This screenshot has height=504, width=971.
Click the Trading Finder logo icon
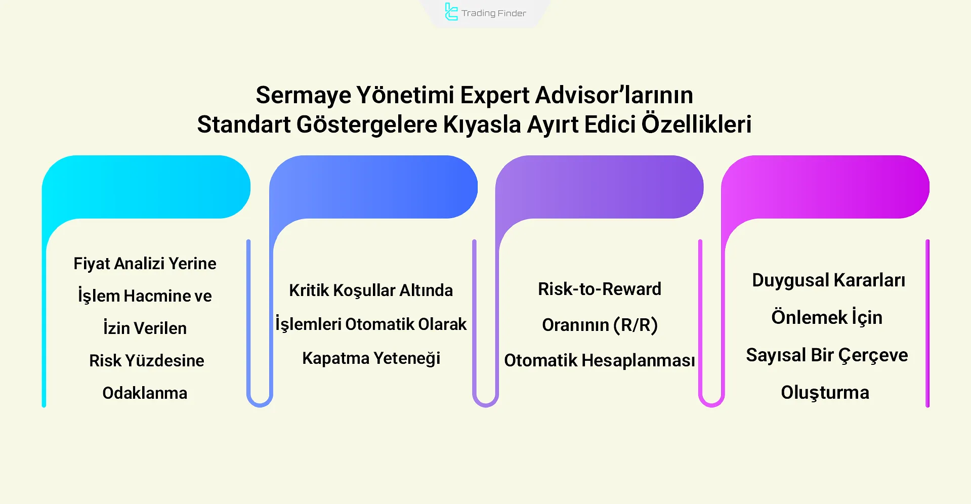pyautogui.click(x=450, y=12)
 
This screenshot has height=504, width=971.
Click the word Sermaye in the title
pyautogui.click(x=303, y=95)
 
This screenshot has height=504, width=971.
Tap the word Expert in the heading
pyautogui.click(x=494, y=95)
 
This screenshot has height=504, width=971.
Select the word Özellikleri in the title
pyautogui.click(x=696, y=124)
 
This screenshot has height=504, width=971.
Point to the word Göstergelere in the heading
pyautogui.click(x=366, y=124)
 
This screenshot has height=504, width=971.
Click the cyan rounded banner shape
pyautogui.click(x=147, y=187)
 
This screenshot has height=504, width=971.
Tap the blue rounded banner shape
pyautogui.click(x=374, y=187)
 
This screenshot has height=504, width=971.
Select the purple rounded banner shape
pyautogui.click(x=600, y=187)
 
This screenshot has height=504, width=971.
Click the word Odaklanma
pyautogui.click(x=145, y=393)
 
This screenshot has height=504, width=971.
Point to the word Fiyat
pyautogui.click(x=92, y=264)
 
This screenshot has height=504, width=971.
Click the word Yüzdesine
pyautogui.click(x=164, y=361)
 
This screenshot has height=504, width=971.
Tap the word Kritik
pyautogui.click(x=309, y=290)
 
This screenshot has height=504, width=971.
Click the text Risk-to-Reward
pyautogui.click(x=600, y=289)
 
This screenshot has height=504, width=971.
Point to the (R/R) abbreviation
pyautogui.click(x=636, y=325)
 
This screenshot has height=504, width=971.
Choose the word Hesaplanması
pyautogui.click(x=638, y=360)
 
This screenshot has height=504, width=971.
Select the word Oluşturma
pyautogui.click(x=825, y=393)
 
